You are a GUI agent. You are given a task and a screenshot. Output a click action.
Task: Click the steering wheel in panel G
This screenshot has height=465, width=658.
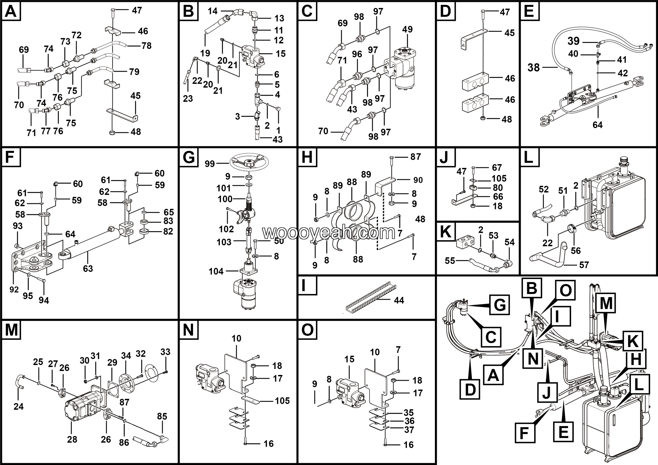point(249,163)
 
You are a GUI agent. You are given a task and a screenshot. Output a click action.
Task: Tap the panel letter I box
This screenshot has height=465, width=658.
point(307,285)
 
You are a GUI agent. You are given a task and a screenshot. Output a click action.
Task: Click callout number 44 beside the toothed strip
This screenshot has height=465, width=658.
point(399,300)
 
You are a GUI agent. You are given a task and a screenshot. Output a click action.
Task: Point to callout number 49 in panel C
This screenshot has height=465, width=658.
point(407,29)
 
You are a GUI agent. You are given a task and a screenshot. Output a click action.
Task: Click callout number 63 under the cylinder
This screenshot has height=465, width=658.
point(88,269)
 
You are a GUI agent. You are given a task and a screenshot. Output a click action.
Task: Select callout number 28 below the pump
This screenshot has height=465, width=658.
point(72,439)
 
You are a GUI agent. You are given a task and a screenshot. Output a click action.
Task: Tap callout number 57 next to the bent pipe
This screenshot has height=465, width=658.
point(584,265)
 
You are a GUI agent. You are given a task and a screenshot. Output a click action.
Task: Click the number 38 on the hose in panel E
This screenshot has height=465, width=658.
point(534,68)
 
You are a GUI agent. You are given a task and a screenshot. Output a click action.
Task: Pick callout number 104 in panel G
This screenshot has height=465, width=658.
point(216,271)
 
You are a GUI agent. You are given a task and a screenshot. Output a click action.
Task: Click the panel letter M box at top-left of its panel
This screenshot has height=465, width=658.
point(11,330)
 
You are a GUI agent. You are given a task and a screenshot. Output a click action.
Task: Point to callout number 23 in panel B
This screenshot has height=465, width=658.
point(188,99)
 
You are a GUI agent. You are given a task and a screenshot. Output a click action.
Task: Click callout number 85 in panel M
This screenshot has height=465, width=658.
point(162,416)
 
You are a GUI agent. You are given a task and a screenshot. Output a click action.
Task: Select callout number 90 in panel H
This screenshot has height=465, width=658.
point(418,180)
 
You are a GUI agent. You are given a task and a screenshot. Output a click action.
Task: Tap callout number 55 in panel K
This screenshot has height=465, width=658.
point(450,261)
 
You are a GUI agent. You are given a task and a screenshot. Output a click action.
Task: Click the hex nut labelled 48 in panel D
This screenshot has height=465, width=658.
point(483,118)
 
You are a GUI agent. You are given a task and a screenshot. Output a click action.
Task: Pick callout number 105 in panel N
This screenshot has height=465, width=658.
point(282,400)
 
